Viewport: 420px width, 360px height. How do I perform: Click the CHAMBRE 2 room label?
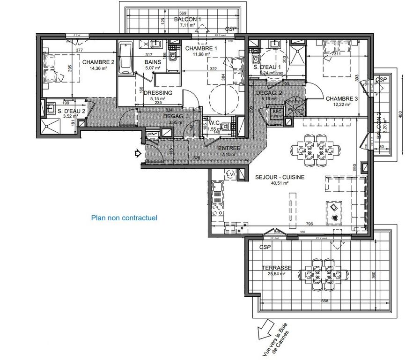99,62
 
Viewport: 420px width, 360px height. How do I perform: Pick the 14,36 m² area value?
98,68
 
